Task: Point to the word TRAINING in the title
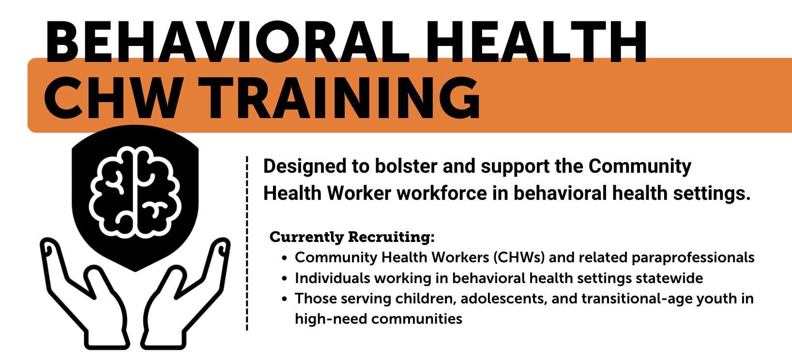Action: tap(339, 98)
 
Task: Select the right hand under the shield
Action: tap(185, 294)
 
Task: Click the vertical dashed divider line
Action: tap(247, 243)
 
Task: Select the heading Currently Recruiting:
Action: tap(352, 237)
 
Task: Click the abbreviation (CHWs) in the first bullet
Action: tap(519, 257)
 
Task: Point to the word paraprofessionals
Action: tap(693, 258)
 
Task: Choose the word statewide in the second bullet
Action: tap(670, 278)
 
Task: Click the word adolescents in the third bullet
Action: tap(503, 299)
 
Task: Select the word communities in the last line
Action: tap(417, 319)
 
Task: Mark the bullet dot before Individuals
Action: tap(285, 279)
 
